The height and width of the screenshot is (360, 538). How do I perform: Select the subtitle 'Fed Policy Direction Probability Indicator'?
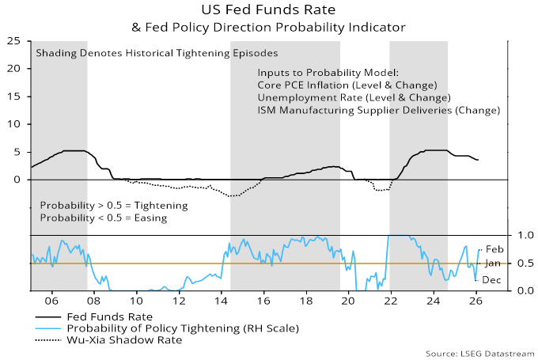click(x=273, y=27)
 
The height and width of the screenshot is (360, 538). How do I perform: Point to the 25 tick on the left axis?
click(x=14, y=40)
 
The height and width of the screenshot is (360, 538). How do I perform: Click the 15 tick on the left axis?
click(x=14, y=96)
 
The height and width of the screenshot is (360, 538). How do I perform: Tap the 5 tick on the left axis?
click(x=18, y=152)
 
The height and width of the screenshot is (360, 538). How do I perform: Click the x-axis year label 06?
click(x=51, y=302)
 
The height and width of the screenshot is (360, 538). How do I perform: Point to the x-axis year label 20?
click(x=348, y=302)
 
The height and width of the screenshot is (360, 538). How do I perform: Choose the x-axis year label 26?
click(x=475, y=302)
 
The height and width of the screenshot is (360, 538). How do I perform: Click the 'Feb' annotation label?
click(x=494, y=249)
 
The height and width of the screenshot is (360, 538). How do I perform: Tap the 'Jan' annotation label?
click(x=493, y=263)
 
